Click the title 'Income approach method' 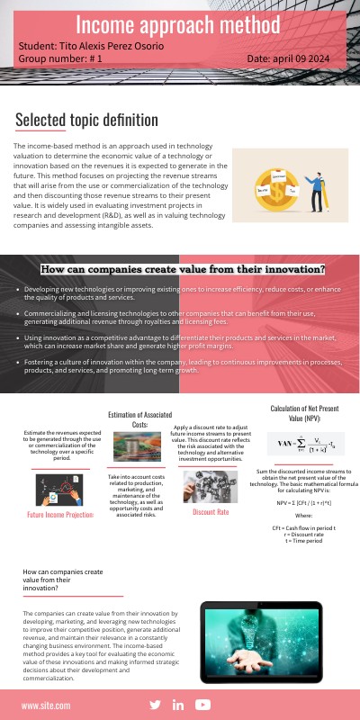[181, 23]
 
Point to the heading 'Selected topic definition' [86, 120]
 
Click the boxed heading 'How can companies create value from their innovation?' [183, 269]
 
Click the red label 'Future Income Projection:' [60, 516]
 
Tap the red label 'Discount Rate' [211, 512]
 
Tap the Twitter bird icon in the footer [155, 705]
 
